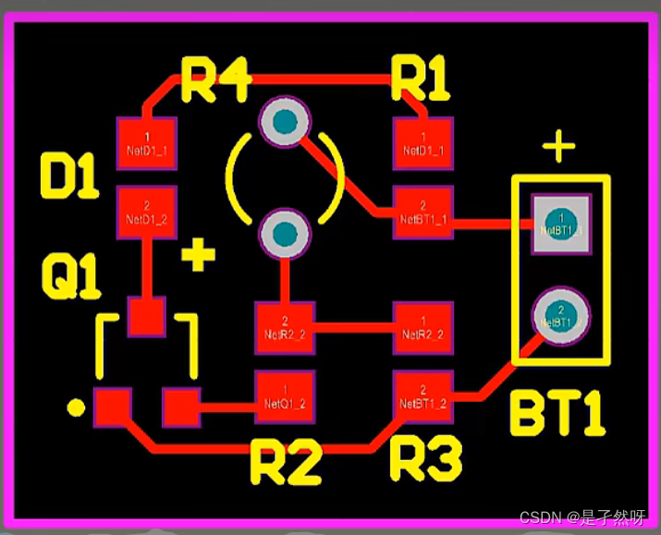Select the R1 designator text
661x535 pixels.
pyautogui.click(x=421, y=79)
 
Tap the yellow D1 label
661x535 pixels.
pyautogui.click(x=69, y=176)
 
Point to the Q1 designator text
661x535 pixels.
pyautogui.click(x=70, y=276)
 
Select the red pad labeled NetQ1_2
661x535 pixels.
pyautogui.click(x=285, y=397)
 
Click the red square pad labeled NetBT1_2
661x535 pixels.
pyautogui.click(x=422, y=397)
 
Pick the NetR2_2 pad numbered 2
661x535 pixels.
pyautogui.click(x=285, y=327)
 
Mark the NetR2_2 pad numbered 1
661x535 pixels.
pyautogui.click(x=422, y=327)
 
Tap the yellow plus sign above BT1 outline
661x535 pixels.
pyautogui.click(x=558, y=147)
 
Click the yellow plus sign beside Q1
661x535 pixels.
pyautogui.click(x=197, y=255)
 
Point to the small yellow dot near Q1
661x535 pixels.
pyautogui.click(x=76, y=407)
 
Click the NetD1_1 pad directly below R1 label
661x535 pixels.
pyautogui.click(x=422, y=143)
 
